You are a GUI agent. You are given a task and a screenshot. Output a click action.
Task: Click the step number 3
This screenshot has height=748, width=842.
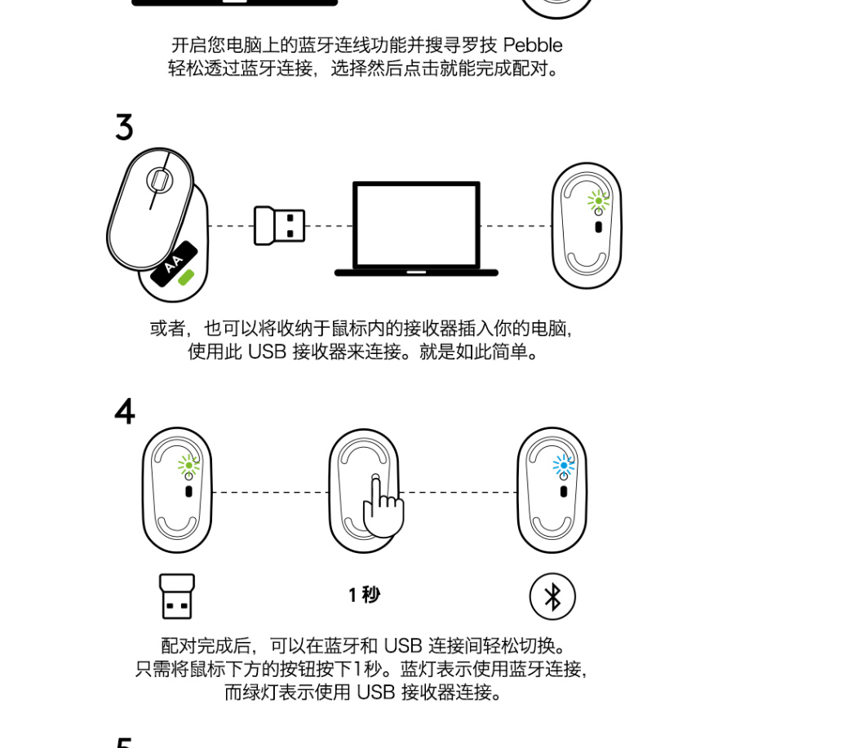tap(124, 127)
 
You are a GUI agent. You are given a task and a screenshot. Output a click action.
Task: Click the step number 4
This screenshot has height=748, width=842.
tap(125, 411)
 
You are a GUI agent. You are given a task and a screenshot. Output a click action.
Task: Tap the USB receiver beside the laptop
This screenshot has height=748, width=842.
tap(279, 225)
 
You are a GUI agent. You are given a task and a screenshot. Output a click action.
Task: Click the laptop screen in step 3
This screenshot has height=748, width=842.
tap(416, 224)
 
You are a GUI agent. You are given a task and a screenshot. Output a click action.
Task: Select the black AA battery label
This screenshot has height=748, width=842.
tap(174, 263)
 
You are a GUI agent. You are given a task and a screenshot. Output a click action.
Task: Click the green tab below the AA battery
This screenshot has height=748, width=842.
tap(186, 277)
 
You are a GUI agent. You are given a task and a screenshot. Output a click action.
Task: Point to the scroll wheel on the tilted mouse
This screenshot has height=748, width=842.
tap(159, 180)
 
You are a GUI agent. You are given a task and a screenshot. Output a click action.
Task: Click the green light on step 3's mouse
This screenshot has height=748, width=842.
tap(598, 201)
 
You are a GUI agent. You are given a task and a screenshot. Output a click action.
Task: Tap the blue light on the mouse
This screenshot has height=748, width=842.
tap(563, 465)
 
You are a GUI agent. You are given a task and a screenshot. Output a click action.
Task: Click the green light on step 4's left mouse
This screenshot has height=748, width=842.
tap(188, 465)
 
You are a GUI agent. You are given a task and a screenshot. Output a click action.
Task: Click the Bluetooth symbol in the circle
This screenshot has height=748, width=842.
tap(552, 596)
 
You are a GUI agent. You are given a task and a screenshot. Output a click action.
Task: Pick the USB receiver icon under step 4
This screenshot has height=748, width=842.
tap(177, 596)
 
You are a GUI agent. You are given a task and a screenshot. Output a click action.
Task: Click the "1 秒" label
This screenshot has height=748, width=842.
tap(364, 595)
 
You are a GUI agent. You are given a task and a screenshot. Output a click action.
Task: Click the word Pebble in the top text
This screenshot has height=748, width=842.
tap(533, 45)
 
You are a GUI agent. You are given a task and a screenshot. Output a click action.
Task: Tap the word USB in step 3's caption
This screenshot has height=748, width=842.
tap(267, 352)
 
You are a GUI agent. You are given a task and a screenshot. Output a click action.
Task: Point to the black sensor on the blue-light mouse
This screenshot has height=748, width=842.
tap(563, 491)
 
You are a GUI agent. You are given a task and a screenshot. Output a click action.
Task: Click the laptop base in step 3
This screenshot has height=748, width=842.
tap(416, 272)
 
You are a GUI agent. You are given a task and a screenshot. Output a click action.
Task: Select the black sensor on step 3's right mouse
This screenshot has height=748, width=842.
tap(598, 227)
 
